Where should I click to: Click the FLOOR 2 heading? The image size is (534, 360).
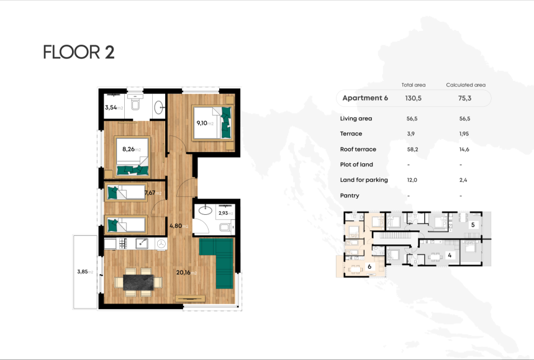78,53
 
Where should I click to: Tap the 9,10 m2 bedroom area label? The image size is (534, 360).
204,123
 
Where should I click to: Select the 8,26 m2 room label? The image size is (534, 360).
131,149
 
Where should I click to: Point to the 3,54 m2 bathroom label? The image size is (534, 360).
114,107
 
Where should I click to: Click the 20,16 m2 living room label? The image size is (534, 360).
185,272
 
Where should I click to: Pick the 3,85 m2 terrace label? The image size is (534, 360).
84,272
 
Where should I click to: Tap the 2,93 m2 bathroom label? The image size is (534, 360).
225,213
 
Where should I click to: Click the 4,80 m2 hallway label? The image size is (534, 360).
179,226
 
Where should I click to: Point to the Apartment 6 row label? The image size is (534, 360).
365,98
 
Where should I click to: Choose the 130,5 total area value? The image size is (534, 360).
414,98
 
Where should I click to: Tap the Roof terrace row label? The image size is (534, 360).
358,149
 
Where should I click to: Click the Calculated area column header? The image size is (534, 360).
466,85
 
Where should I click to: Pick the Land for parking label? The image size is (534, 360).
364,180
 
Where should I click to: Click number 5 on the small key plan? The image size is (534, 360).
473,225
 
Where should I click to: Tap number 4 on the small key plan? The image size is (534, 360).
450,254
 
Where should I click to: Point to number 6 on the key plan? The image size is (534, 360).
369,266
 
